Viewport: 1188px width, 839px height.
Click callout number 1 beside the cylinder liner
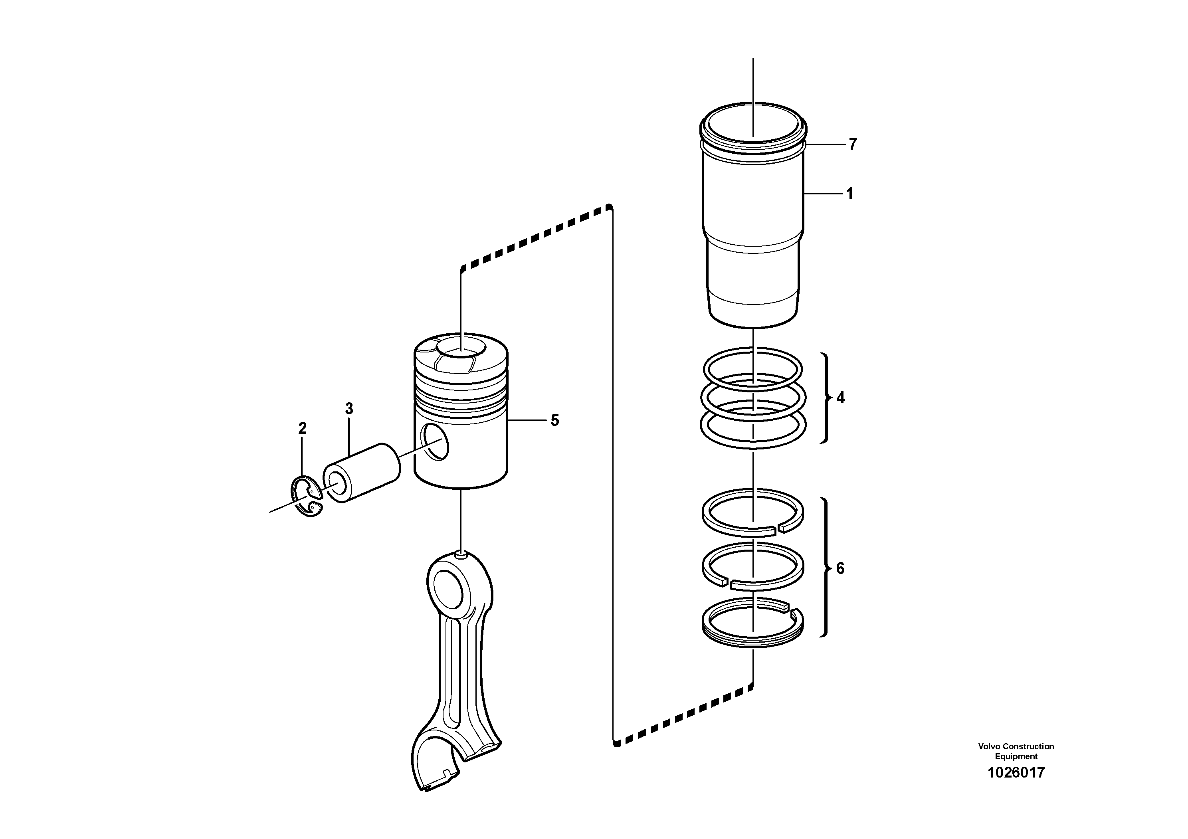[x=849, y=194]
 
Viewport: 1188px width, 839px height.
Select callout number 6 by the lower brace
[x=840, y=568]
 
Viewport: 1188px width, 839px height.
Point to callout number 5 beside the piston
[x=554, y=420]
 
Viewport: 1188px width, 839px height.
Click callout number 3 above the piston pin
[x=349, y=409]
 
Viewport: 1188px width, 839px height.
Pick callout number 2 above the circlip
[x=302, y=428]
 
